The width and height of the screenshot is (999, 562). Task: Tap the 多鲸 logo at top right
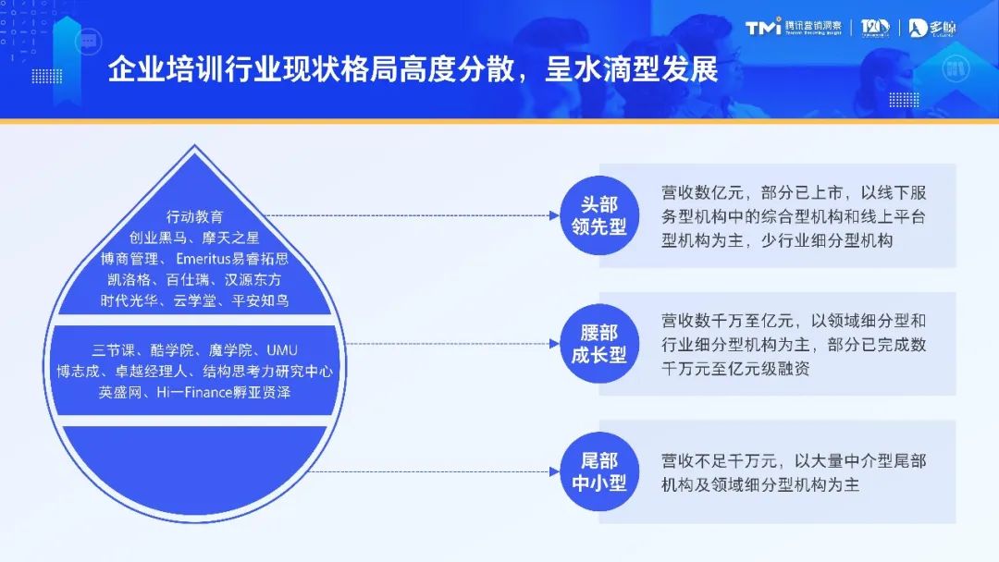pos(931,28)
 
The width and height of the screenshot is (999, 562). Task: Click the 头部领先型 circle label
pos(598,215)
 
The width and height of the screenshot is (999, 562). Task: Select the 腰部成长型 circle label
pos(598,344)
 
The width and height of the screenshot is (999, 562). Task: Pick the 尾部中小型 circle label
pos(598,471)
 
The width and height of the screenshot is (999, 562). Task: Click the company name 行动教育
pos(194,217)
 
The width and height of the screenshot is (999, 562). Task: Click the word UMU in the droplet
pos(281,350)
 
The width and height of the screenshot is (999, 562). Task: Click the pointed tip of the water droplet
pos(194,148)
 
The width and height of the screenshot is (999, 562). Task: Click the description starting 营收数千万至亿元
pos(794,344)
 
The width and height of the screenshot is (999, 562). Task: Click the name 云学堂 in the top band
pos(194,300)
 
